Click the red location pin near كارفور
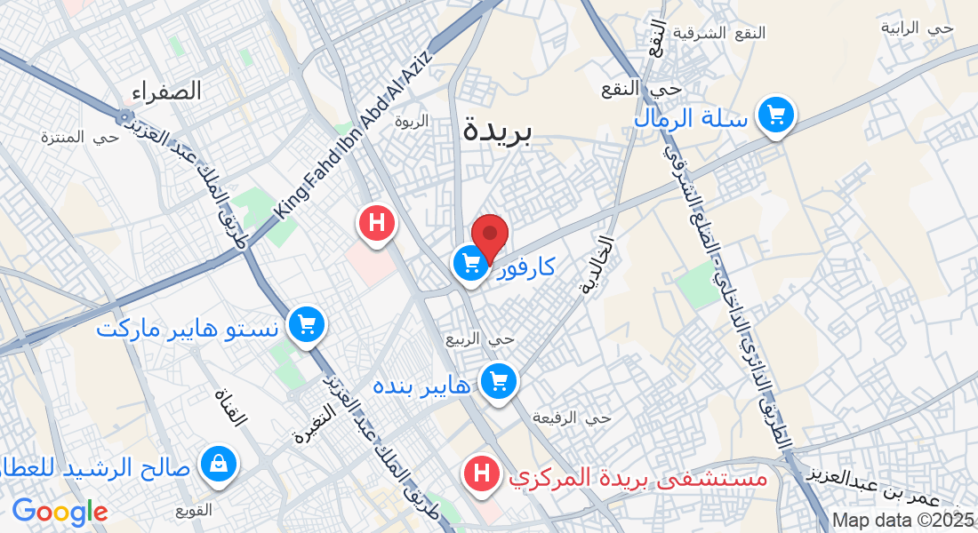(x=489, y=236)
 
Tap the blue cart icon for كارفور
(x=470, y=262)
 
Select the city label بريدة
(x=497, y=131)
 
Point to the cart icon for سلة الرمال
(x=775, y=115)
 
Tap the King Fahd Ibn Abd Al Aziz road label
(x=353, y=133)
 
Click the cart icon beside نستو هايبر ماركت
(x=307, y=325)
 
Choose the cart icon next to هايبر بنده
(x=498, y=383)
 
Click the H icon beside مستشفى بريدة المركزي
(x=482, y=473)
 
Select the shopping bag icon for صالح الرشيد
(x=218, y=464)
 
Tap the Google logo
(x=60, y=512)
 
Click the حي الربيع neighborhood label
(x=480, y=338)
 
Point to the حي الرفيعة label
(x=572, y=417)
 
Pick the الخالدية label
(x=597, y=265)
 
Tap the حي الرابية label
(x=917, y=28)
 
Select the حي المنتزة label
(x=79, y=137)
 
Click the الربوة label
(x=411, y=120)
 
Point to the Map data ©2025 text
(x=902, y=520)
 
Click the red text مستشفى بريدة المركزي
(x=637, y=477)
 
